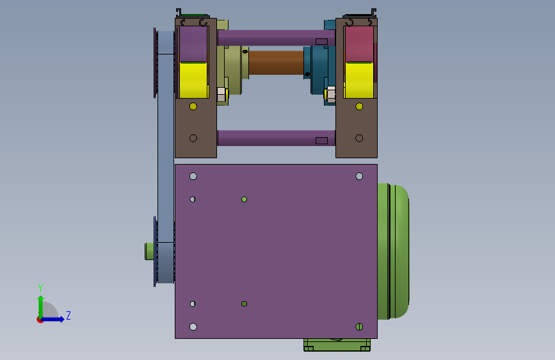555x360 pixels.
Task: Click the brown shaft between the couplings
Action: pos(276,63)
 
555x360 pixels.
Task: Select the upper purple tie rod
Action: pos(276,38)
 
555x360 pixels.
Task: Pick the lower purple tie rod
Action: pos(276,138)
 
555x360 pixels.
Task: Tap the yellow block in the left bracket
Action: pos(193,80)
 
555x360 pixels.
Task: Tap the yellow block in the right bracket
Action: pos(359,80)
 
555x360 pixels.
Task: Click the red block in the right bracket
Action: pos(359,44)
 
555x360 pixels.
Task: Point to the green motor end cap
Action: pos(393,251)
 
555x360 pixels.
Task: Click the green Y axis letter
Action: pos(40,288)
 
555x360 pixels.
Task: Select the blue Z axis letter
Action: pos(68,315)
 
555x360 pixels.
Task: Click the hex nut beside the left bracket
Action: pos(221,95)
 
